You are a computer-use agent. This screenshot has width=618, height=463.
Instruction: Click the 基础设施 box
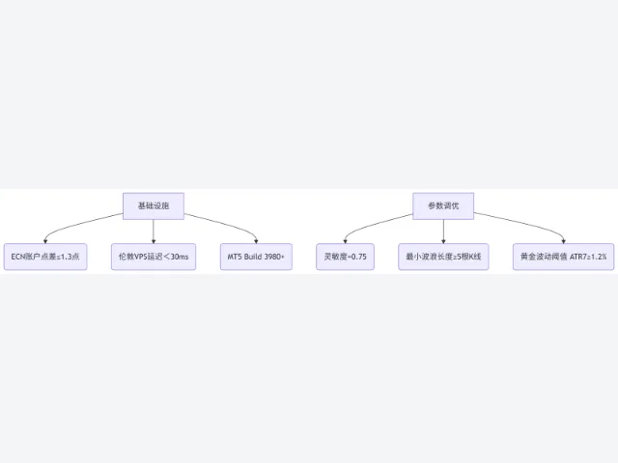(154, 205)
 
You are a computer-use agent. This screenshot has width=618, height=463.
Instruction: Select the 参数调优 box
(443, 205)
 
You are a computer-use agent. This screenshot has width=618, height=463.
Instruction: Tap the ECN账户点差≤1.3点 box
(45, 257)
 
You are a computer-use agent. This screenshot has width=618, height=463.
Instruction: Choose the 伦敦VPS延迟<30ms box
(154, 257)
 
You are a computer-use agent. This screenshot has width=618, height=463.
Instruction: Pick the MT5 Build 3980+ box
(256, 257)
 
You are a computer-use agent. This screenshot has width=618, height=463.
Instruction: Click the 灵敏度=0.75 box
(346, 257)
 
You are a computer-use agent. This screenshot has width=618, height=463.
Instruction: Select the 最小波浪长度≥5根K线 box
(443, 257)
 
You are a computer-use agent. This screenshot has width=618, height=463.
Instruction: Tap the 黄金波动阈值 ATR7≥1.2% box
(564, 257)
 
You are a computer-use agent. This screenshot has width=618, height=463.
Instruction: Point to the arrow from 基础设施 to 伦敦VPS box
(154, 231)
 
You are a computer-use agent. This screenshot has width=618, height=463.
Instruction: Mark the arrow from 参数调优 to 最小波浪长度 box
(443, 231)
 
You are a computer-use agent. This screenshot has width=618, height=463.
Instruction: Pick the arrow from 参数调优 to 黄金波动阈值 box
(524, 223)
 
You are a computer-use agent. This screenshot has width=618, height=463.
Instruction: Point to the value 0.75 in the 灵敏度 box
(358, 257)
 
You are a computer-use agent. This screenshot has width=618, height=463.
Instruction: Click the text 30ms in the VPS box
(180, 257)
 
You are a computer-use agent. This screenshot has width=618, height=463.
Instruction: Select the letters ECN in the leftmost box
(18, 257)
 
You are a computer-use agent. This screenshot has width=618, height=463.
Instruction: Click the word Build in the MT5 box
(252, 257)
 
